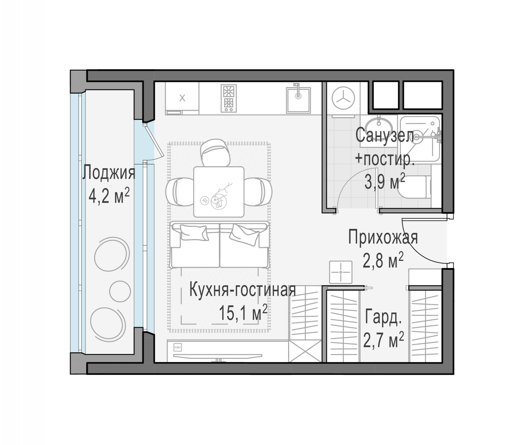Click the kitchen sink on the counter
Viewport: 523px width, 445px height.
[298, 100]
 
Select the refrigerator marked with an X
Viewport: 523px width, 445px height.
[182, 98]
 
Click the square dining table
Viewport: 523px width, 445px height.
[219, 192]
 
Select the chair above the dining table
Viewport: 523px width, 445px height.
[215, 152]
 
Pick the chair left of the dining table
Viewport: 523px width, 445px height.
[180, 192]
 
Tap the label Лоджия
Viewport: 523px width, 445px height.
[109, 172]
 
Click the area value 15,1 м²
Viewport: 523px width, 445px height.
[243, 313]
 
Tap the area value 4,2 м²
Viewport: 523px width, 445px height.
[109, 195]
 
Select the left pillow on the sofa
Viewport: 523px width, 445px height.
[194, 233]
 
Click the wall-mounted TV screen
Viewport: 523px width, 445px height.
[218, 356]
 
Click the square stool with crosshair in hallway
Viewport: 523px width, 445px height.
[341, 272]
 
